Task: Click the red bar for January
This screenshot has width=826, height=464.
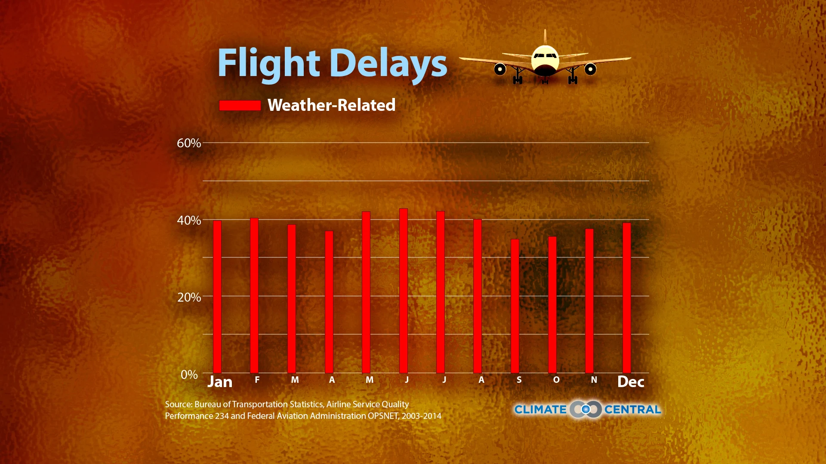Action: [217, 296]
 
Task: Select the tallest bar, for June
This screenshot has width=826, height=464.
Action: [404, 290]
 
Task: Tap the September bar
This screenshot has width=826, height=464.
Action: [515, 306]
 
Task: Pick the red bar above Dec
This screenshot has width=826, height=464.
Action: [627, 298]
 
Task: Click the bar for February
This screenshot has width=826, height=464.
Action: [254, 295]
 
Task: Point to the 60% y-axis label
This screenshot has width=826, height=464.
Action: [189, 143]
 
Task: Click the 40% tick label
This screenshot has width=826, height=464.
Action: [189, 220]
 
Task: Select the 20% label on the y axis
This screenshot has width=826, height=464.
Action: [189, 297]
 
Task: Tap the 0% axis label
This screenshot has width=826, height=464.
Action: [189, 374]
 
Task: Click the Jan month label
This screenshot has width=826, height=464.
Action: [220, 382]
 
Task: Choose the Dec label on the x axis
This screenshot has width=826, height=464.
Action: [631, 382]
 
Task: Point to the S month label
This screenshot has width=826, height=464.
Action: [519, 380]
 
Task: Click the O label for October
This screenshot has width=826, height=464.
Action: [556, 380]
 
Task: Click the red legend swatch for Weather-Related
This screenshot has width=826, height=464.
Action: [240, 105]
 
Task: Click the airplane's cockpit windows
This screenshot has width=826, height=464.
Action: [545, 55]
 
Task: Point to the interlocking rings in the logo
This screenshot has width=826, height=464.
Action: [586, 409]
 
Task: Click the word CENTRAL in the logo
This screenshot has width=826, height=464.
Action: [632, 409]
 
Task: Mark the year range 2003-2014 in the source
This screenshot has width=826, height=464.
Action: [422, 416]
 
